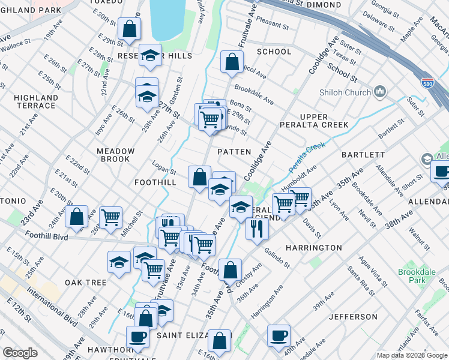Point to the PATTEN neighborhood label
[234, 152]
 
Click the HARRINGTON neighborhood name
[297, 247]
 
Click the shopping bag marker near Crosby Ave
[230, 269]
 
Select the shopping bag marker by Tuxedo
[129, 28]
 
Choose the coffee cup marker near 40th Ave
[278, 335]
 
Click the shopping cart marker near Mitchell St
[110, 217]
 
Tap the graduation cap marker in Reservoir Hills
[150, 55]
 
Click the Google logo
[20, 353]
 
